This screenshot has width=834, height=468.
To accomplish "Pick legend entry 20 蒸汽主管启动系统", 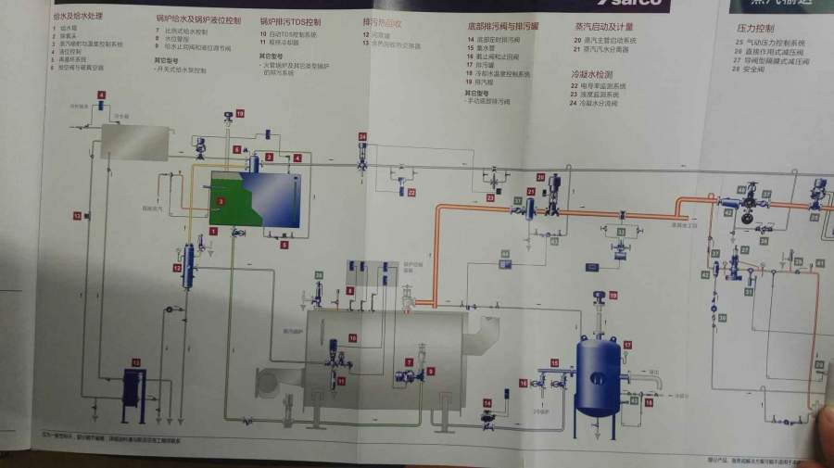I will [x=609, y=42].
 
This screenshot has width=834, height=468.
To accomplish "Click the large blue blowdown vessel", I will [x=597, y=374].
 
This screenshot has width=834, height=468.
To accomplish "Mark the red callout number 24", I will [x=362, y=137].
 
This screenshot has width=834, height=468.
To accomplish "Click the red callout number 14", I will [x=486, y=403].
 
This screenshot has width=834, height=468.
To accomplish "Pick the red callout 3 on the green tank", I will [x=221, y=200].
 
